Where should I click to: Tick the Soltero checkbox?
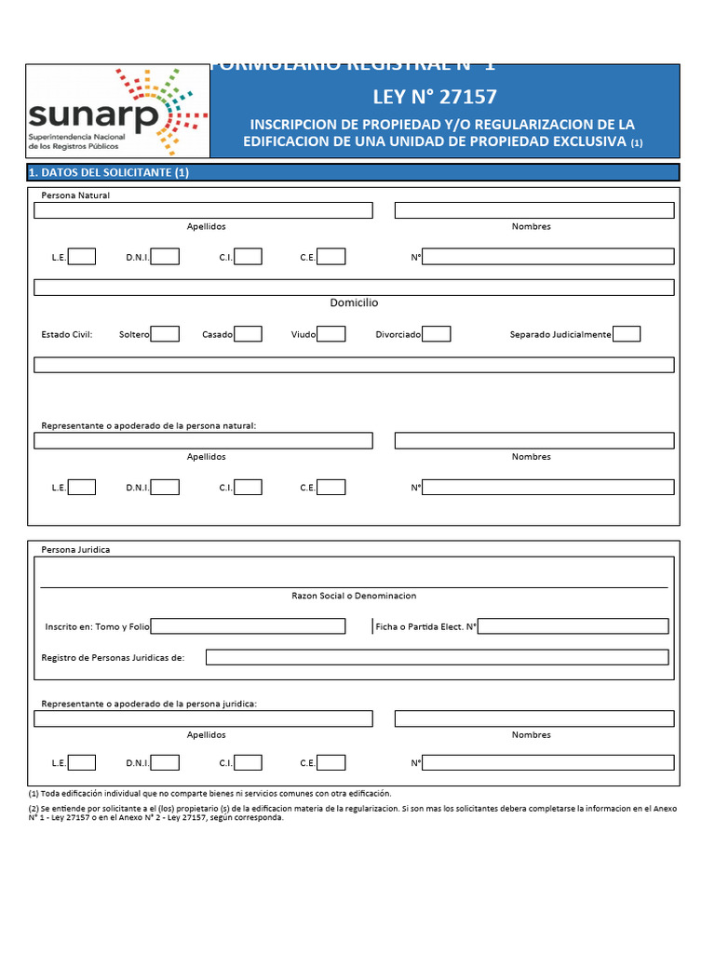[x=165, y=334]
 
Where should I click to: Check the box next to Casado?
[x=248, y=334]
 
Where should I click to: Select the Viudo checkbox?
[x=331, y=334]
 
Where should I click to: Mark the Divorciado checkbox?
[x=437, y=334]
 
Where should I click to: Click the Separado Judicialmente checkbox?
[x=627, y=334]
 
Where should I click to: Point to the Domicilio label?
[x=354, y=303]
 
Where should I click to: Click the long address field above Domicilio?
[x=354, y=288]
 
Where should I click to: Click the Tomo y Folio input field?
[x=248, y=626]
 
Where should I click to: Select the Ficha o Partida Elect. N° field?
[x=573, y=626]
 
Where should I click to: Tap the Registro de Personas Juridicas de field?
[x=437, y=658]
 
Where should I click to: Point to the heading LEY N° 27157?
[x=435, y=97]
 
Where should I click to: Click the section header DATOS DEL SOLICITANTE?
[x=110, y=172]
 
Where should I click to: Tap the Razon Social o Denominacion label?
[x=354, y=596]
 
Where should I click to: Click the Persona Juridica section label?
[x=75, y=550]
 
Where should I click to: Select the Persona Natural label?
[x=75, y=195]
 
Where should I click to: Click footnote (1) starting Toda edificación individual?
[x=210, y=794]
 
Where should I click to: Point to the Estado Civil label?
[x=67, y=334]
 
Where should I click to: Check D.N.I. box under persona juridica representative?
[x=165, y=763]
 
